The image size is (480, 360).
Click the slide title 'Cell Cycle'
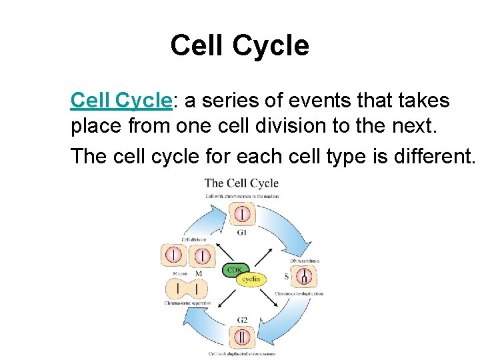tap(239, 45)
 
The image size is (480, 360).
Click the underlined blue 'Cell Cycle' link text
tap(121, 101)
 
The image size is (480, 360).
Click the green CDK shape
tap(235, 270)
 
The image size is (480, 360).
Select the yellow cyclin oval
tap(251, 279)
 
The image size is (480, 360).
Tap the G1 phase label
tap(241, 233)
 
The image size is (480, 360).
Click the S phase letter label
tap(286, 277)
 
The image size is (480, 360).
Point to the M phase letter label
tap(198, 273)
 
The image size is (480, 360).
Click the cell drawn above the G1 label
tap(241, 214)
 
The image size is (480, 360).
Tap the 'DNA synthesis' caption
tap(305, 261)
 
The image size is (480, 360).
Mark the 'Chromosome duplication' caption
tap(299, 293)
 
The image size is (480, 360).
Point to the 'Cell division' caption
tap(194, 239)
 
